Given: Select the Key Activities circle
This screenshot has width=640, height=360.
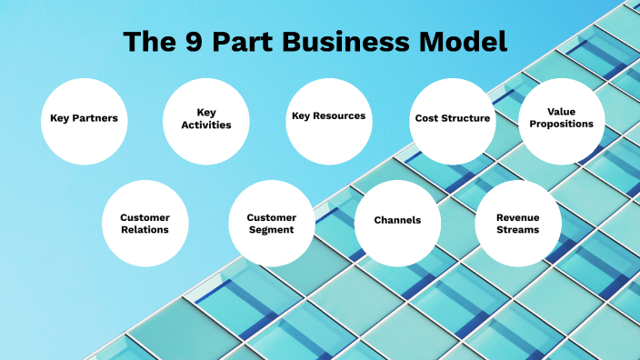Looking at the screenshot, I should pyautogui.click(x=206, y=119).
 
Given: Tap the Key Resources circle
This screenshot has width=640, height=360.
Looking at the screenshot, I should pyautogui.click(x=328, y=119).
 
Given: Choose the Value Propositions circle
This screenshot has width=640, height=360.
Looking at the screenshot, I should pyautogui.click(x=561, y=119).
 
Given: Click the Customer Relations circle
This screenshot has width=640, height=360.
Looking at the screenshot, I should pyautogui.click(x=145, y=224).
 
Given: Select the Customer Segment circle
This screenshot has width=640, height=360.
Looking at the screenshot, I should pyautogui.click(x=271, y=224).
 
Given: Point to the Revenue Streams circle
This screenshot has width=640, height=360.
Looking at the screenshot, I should pyautogui.click(x=518, y=224).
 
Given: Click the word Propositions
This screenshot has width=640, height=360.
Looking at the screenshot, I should pyautogui.click(x=561, y=124).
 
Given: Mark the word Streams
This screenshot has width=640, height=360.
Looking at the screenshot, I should pyautogui.click(x=518, y=230).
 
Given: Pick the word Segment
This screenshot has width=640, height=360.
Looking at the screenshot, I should pyautogui.click(x=271, y=230).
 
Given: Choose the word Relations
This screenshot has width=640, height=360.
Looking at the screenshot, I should pyautogui.click(x=145, y=230).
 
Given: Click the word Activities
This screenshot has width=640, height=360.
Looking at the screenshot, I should pyautogui.click(x=206, y=125).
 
